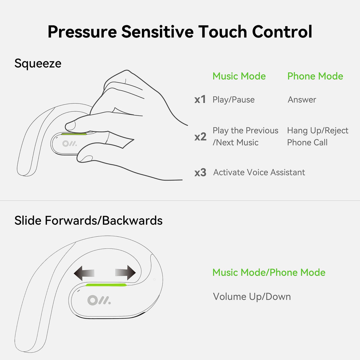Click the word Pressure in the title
[x=82, y=32]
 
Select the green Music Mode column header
[x=239, y=76]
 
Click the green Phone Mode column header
[x=315, y=76]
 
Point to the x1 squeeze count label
[x=200, y=99]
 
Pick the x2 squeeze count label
[x=200, y=137]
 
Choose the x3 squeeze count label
[x=200, y=172]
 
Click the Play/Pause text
[x=233, y=100]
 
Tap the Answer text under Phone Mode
[x=302, y=100]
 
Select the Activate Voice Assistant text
[x=259, y=172]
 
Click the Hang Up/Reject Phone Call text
[x=318, y=136]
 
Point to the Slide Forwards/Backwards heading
[x=88, y=220]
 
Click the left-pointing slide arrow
[x=84, y=273]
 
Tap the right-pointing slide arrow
[x=125, y=273]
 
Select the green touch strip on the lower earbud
[x=106, y=285]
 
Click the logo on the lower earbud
[x=99, y=300]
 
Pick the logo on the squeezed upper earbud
[x=69, y=143]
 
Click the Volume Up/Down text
[x=252, y=297]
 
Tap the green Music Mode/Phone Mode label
[x=269, y=272]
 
